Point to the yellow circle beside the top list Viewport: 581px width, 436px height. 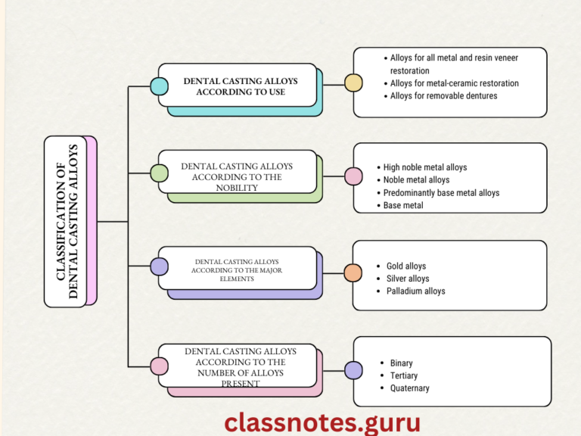(x=353, y=83)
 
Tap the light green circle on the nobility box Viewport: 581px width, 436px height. (x=159, y=173)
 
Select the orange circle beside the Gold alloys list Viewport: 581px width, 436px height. (x=353, y=273)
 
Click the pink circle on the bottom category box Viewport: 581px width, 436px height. (x=159, y=366)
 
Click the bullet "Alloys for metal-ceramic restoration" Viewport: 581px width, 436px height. (x=454, y=83)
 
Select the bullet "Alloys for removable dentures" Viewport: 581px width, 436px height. (x=443, y=96)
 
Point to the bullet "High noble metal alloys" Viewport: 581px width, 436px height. (x=424, y=167)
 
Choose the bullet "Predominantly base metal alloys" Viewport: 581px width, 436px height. (x=441, y=193)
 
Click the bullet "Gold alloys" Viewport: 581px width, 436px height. (x=405, y=266)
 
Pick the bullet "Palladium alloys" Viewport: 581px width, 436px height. (x=415, y=291)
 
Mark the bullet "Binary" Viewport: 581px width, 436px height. (x=401, y=363)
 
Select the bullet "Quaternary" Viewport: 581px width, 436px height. (x=409, y=388)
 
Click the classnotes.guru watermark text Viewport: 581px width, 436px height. (x=322, y=422)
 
